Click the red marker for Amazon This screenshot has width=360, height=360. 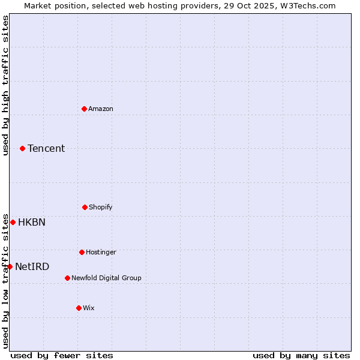click(x=85, y=109)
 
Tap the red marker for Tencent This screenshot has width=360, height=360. click(x=22, y=148)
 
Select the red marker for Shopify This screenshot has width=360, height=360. click(x=85, y=207)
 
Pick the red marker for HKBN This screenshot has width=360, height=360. click(x=13, y=222)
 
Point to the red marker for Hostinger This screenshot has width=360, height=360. click(x=82, y=252)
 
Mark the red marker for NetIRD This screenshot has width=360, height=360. click(x=10, y=266)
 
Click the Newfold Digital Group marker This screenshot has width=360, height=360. click(x=67, y=278)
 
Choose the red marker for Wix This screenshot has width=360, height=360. click(x=79, y=308)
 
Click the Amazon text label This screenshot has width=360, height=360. click(x=101, y=109)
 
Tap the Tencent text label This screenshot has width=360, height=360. click(x=46, y=148)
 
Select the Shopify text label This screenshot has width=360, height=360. click(x=101, y=207)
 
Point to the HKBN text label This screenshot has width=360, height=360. click(x=32, y=222)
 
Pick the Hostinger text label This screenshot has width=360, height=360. click(x=101, y=252)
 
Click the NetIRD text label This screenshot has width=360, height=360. click(x=32, y=266)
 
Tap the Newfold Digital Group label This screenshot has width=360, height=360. click(x=106, y=278)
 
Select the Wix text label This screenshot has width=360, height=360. click(x=89, y=308)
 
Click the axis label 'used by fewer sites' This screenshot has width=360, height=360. click(x=62, y=355)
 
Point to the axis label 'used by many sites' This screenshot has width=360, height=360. click(x=301, y=355)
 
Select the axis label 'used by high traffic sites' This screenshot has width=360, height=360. click(x=5, y=85)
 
